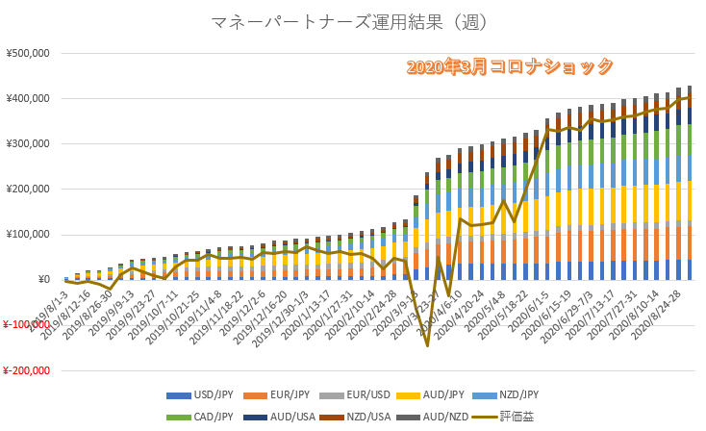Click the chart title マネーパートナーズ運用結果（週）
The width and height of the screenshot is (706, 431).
(x=352, y=21)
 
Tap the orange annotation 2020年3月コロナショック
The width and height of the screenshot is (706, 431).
(x=510, y=66)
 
